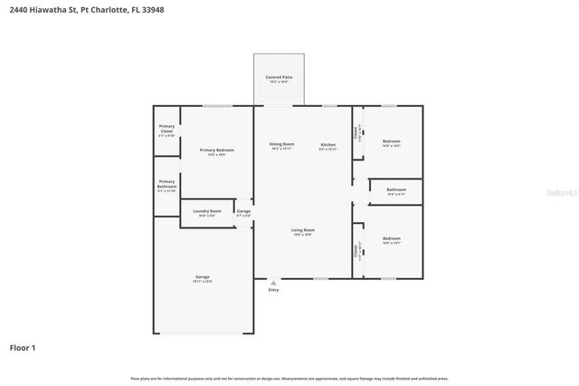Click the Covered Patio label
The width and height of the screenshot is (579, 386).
click(279, 78)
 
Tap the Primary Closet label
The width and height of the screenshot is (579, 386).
click(166, 127)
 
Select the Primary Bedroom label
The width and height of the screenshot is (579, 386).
click(216, 150)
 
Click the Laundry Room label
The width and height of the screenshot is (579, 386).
click(206, 211)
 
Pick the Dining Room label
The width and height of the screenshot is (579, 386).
click(282, 144)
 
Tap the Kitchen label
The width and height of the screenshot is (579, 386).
click(327, 145)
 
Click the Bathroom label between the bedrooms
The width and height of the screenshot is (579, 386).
click(396, 189)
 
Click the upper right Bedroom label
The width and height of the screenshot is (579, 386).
click(391, 141)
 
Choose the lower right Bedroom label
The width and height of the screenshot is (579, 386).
click(391, 238)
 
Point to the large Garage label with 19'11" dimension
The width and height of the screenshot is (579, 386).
click(202, 277)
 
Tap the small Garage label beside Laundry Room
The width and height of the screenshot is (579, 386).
click(243, 211)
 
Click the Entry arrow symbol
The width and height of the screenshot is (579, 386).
click(273, 283)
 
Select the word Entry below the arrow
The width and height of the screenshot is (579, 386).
click(273, 290)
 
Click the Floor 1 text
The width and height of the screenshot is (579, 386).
click(23, 347)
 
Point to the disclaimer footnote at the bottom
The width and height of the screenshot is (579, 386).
click(289, 378)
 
